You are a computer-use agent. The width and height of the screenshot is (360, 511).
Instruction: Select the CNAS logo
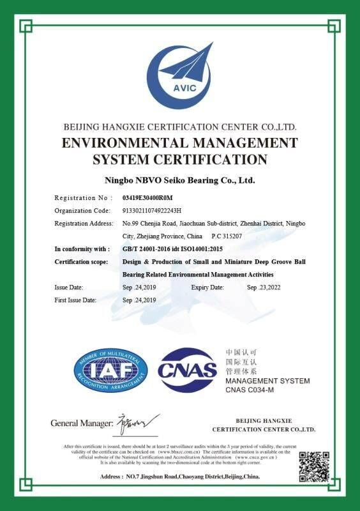[187, 370]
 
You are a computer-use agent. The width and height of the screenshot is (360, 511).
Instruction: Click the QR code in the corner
[315, 466]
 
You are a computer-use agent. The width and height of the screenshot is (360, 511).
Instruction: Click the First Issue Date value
[139, 300]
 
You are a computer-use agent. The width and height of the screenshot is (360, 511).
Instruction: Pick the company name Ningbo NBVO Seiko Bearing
[180, 181]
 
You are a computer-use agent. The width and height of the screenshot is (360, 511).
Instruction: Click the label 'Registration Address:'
[82, 224]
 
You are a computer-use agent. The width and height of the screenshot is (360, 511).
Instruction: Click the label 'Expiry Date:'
[207, 287]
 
